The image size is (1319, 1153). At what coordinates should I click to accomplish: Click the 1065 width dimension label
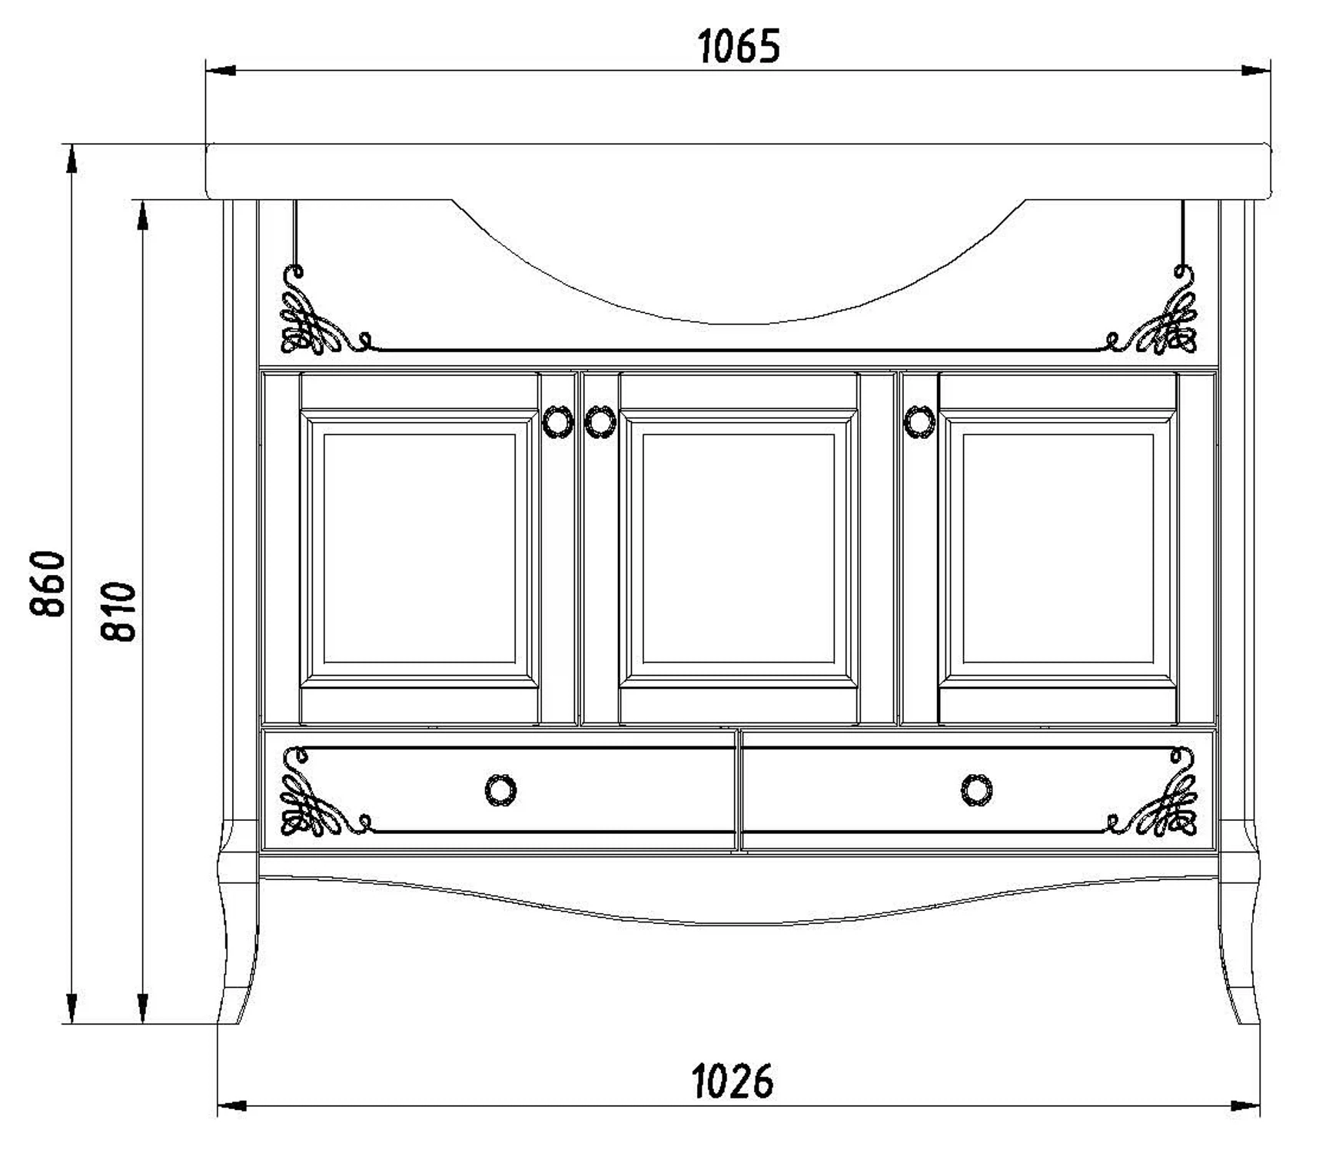pos(739,47)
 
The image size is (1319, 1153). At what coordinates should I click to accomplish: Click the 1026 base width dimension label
pos(733,1082)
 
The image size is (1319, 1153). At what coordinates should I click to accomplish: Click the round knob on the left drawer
pos(501,789)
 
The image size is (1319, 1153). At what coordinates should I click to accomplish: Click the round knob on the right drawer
pos(976,789)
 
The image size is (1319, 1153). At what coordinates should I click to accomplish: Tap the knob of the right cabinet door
pos(919,421)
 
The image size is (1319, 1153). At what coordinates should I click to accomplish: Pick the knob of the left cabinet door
pos(558,421)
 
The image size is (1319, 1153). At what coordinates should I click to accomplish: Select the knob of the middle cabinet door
pos(600,421)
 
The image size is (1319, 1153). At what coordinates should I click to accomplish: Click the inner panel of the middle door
pos(738,548)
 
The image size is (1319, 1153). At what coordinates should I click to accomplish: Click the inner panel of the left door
pos(419,548)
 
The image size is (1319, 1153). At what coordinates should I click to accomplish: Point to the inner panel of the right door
pos(1058,548)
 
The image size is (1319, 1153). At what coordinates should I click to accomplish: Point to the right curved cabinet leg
pos(1239,953)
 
